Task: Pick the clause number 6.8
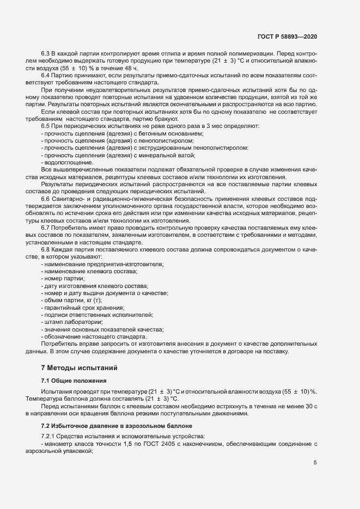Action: (46, 248)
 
